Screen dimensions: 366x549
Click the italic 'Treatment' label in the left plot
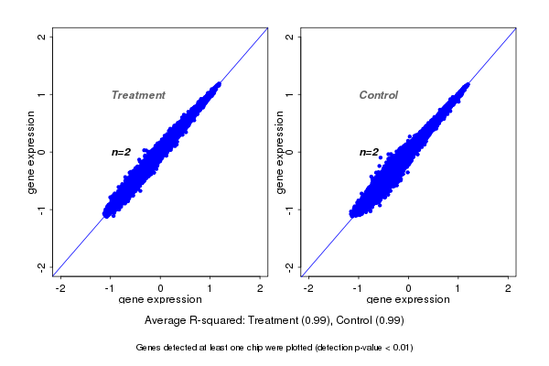(138, 95)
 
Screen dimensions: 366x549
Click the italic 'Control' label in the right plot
(379, 95)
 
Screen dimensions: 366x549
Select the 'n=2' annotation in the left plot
(122, 152)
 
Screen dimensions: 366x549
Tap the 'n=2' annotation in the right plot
(369, 152)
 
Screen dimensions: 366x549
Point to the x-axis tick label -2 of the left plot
(60, 288)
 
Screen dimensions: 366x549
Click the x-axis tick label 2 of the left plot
(260, 288)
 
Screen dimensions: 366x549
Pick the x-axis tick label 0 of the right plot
(409, 288)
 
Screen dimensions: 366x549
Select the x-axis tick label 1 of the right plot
(458, 288)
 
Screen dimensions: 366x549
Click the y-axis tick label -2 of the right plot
(289, 266)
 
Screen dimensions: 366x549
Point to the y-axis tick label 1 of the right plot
(289, 94)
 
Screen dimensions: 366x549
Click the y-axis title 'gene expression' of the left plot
(32, 152)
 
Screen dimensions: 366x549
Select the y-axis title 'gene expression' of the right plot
(279, 152)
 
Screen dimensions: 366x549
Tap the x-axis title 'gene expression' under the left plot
(160, 300)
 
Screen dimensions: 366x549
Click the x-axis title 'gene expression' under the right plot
(408, 300)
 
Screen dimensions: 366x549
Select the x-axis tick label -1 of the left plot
(110, 288)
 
